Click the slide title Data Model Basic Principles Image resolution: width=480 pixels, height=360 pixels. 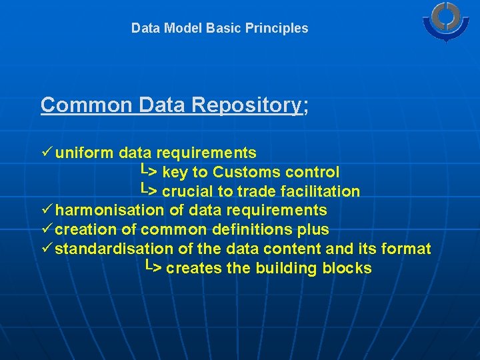[219, 28]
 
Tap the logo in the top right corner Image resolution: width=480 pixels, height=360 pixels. [445, 22]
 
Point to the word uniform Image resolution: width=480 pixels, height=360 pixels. [85, 153]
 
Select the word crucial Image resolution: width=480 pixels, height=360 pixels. [188, 192]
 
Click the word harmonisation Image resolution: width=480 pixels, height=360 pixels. [109, 211]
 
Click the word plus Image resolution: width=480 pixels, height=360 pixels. [313, 230]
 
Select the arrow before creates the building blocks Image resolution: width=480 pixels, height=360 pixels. [153, 267]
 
